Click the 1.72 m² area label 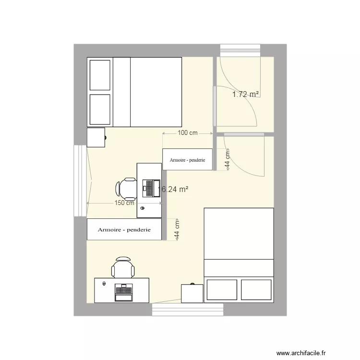tap(246, 95)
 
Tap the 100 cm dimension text tap(188, 133)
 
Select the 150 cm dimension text tap(124, 203)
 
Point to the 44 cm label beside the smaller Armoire tap(228, 157)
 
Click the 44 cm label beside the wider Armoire tap(177, 229)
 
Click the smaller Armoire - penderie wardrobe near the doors tap(187, 159)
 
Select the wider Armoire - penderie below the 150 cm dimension tap(124, 229)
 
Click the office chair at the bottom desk tap(123, 267)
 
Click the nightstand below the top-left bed tap(96, 137)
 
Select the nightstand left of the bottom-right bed tap(192, 293)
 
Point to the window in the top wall tap(240, 50)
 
